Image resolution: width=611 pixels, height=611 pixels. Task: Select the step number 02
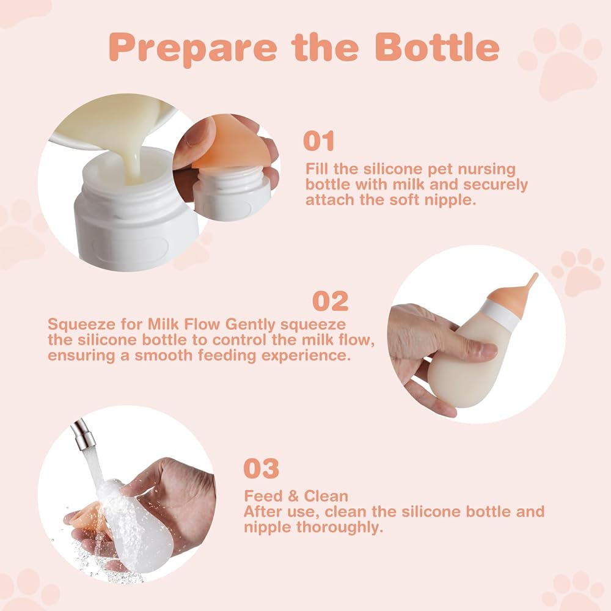point(331,301)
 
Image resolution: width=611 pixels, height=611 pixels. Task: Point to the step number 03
point(261,468)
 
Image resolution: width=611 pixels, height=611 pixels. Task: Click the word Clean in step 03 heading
point(326,496)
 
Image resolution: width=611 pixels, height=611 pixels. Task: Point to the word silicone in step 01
point(391,169)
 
